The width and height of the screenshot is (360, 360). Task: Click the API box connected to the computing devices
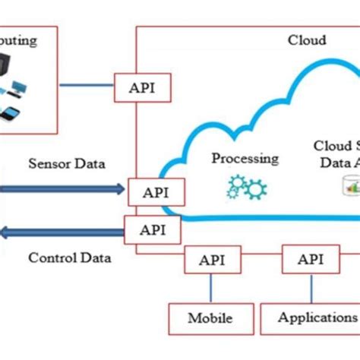[x=142, y=87]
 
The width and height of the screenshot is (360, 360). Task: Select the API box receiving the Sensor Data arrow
[x=154, y=191]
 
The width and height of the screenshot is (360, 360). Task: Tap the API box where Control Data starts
[x=153, y=229]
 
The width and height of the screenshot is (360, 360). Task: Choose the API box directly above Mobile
[x=212, y=260]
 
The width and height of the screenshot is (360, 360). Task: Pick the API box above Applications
[x=310, y=260]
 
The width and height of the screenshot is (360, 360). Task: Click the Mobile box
[x=210, y=317]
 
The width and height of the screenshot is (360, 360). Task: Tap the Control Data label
[x=69, y=257]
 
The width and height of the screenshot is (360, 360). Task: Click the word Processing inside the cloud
[x=245, y=159]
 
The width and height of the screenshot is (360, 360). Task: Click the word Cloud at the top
[x=307, y=40]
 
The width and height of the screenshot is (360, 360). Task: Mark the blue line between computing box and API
[x=87, y=84]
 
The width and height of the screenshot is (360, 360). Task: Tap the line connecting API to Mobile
[x=211, y=289]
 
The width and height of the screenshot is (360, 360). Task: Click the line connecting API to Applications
[x=310, y=289]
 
